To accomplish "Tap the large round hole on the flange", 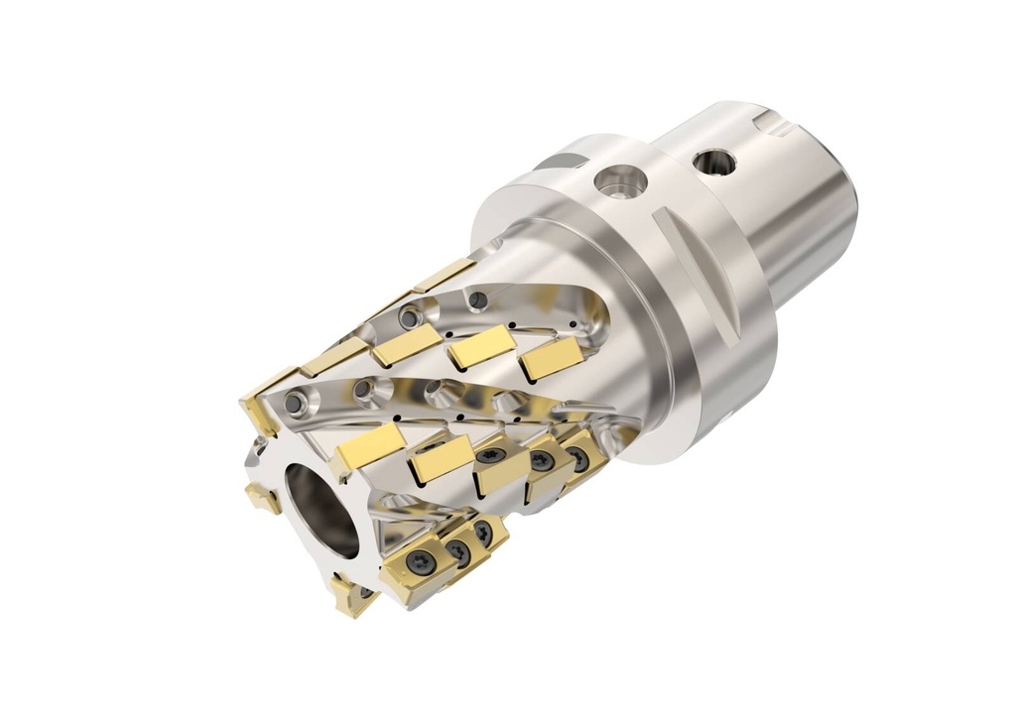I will [x=620, y=180].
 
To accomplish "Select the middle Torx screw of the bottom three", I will [x=459, y=548].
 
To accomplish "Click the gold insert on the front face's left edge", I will [x=262, y=495].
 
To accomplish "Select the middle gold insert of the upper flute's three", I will [x=481, y=348].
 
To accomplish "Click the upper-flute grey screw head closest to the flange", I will [x=479, y=300].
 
